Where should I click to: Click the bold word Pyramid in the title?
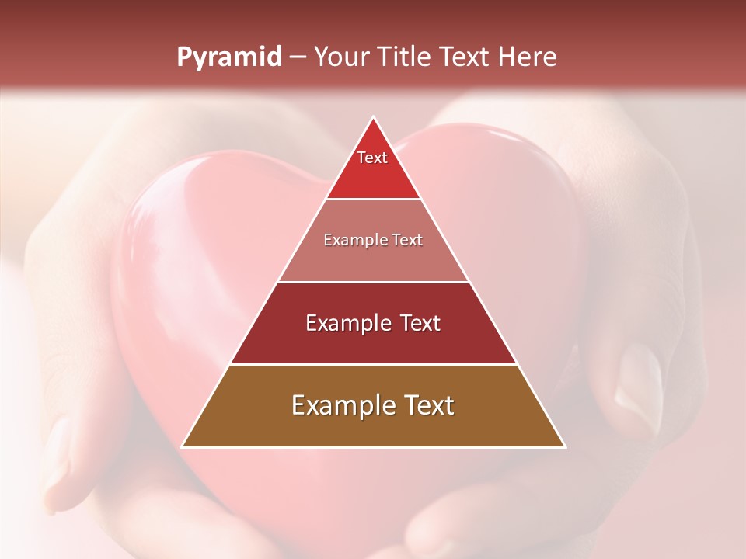229,57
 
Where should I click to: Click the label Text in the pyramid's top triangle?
372,158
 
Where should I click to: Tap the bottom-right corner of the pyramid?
565,447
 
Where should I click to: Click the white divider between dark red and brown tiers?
374,364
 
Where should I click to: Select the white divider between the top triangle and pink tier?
374,199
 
